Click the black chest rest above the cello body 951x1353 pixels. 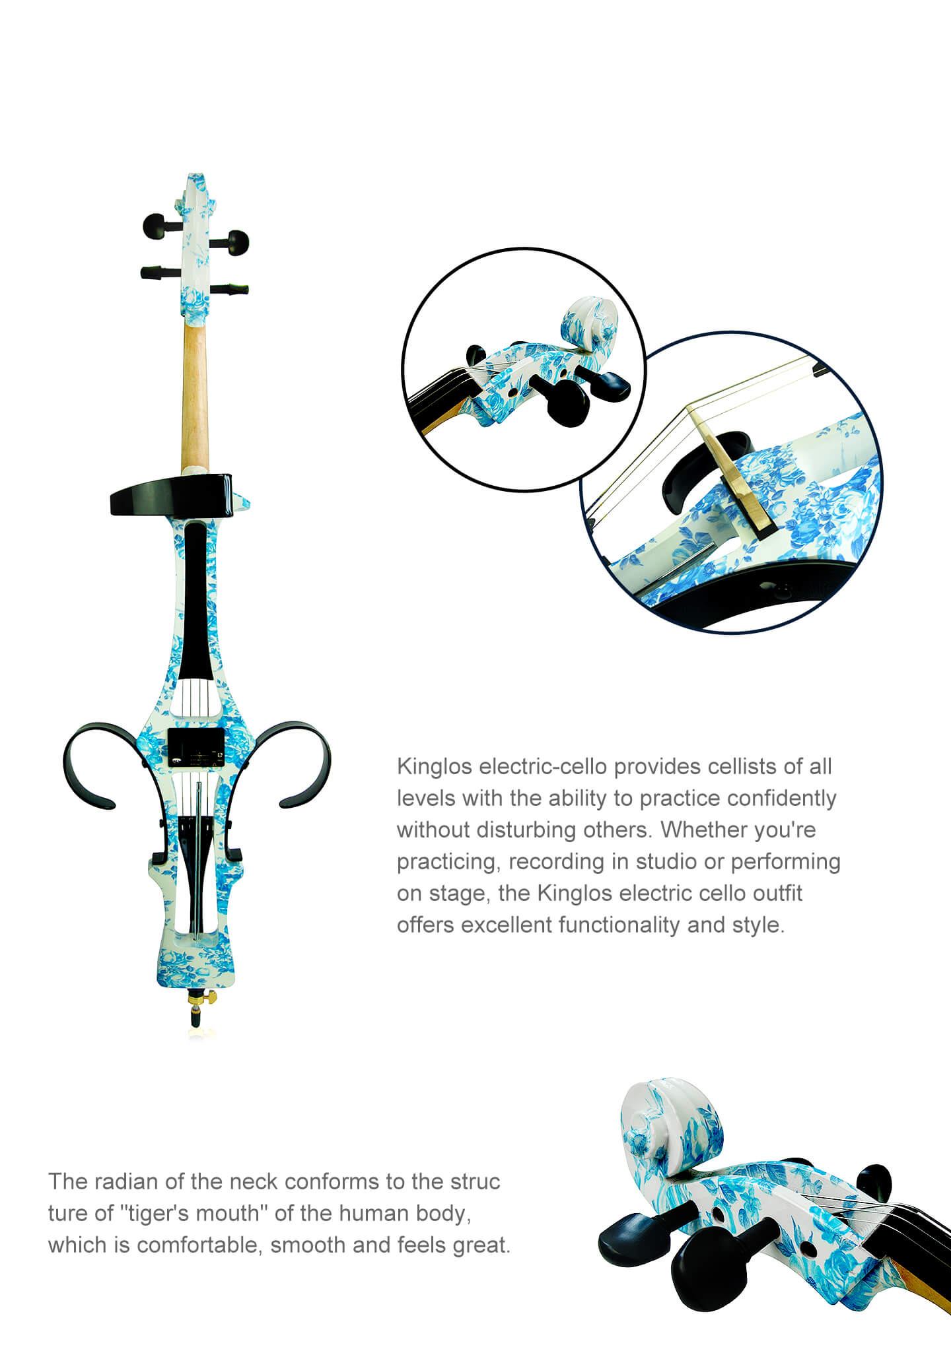171,494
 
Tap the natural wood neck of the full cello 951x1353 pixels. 194,396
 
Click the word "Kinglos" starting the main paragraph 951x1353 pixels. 435,767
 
